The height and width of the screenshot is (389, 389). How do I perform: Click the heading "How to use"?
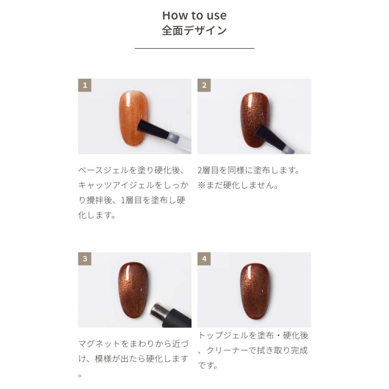(194, 16)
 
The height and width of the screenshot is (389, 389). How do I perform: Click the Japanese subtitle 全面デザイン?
(194, 31)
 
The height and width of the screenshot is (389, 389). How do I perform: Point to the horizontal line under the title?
(194, 48)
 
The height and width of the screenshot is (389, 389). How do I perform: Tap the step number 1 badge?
(85, 85)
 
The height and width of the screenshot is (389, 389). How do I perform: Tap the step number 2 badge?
(204, 85)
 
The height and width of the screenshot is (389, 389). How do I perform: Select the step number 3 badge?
(85, 259)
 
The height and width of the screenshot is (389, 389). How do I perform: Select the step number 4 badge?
(204, 259)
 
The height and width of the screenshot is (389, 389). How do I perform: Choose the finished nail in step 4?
(254, 290)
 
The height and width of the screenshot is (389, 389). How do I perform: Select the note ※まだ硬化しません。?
(237, 185)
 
